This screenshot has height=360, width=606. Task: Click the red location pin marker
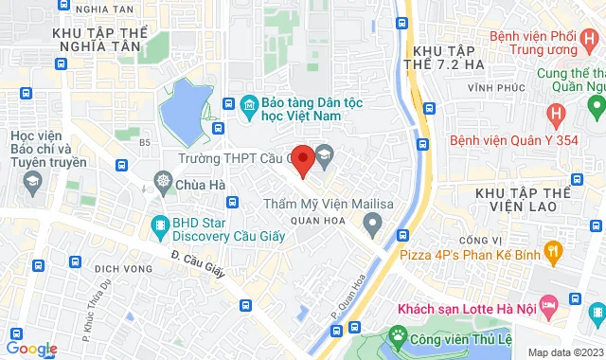click(302, 160)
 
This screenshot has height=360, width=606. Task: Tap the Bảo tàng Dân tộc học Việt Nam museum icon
click(251, 103)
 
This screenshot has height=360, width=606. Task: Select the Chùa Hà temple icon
click(164, 183)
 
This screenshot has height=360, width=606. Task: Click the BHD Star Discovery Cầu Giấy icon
click(158, 225)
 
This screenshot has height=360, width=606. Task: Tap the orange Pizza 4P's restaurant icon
click(555, 250)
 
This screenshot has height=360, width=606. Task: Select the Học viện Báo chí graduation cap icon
click(31, 179)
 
